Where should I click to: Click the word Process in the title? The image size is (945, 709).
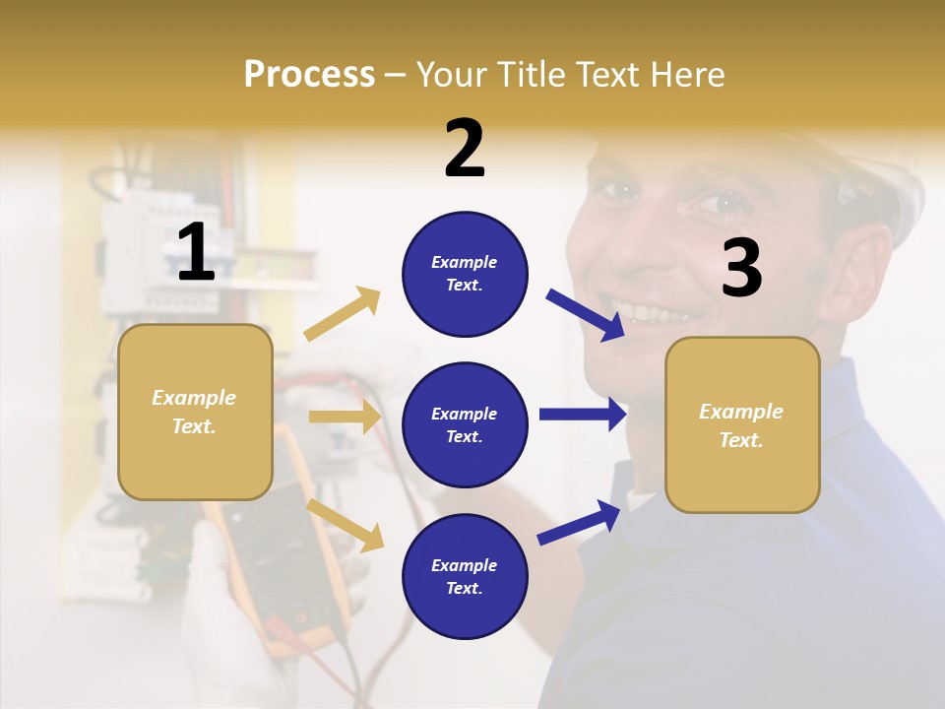pos(309,74)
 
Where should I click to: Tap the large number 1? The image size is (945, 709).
pos(197,253)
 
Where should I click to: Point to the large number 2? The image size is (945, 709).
pos(465,148)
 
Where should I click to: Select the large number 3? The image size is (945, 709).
pos(742,268)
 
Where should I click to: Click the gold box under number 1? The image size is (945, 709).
pos(195,412)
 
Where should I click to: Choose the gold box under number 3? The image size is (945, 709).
pos(742,425)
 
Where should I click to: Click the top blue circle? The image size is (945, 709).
pos(465,274)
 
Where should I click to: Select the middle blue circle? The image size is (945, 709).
pos(465,424)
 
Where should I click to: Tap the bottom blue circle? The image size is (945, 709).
pos(465,576)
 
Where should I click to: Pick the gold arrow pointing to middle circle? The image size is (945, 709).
pos(345,417)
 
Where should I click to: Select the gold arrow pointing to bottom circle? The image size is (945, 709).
pos(345,524)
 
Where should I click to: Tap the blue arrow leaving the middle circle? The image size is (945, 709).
pos(583,415)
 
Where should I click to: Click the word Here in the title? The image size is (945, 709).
pos(687,74)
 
